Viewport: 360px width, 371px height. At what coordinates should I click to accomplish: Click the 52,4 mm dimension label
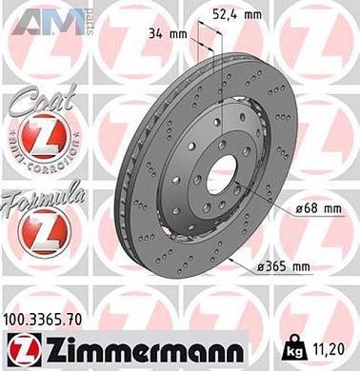pos(216,13)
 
